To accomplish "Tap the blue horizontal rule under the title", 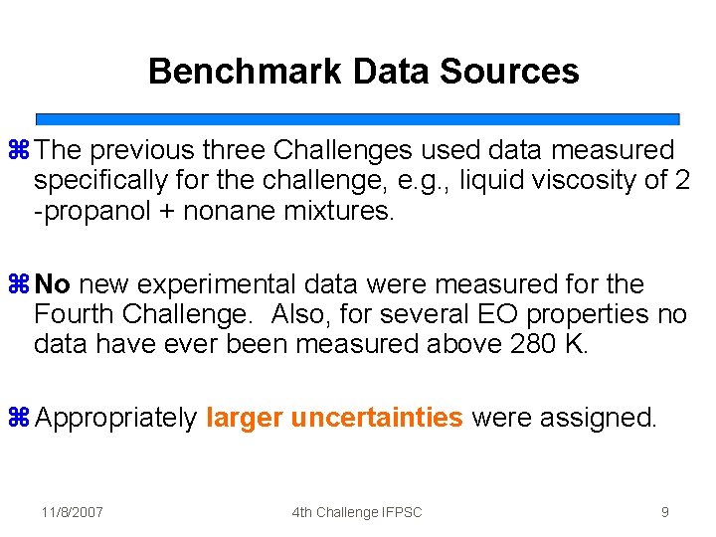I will (357, 118).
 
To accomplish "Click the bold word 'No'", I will (53, 285).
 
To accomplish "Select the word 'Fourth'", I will (74, 315).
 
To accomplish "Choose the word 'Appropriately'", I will (115, 419).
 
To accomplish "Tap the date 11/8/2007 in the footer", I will (73, 512).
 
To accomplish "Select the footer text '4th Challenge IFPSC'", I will (357, 512).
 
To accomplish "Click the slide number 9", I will (664, 512).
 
